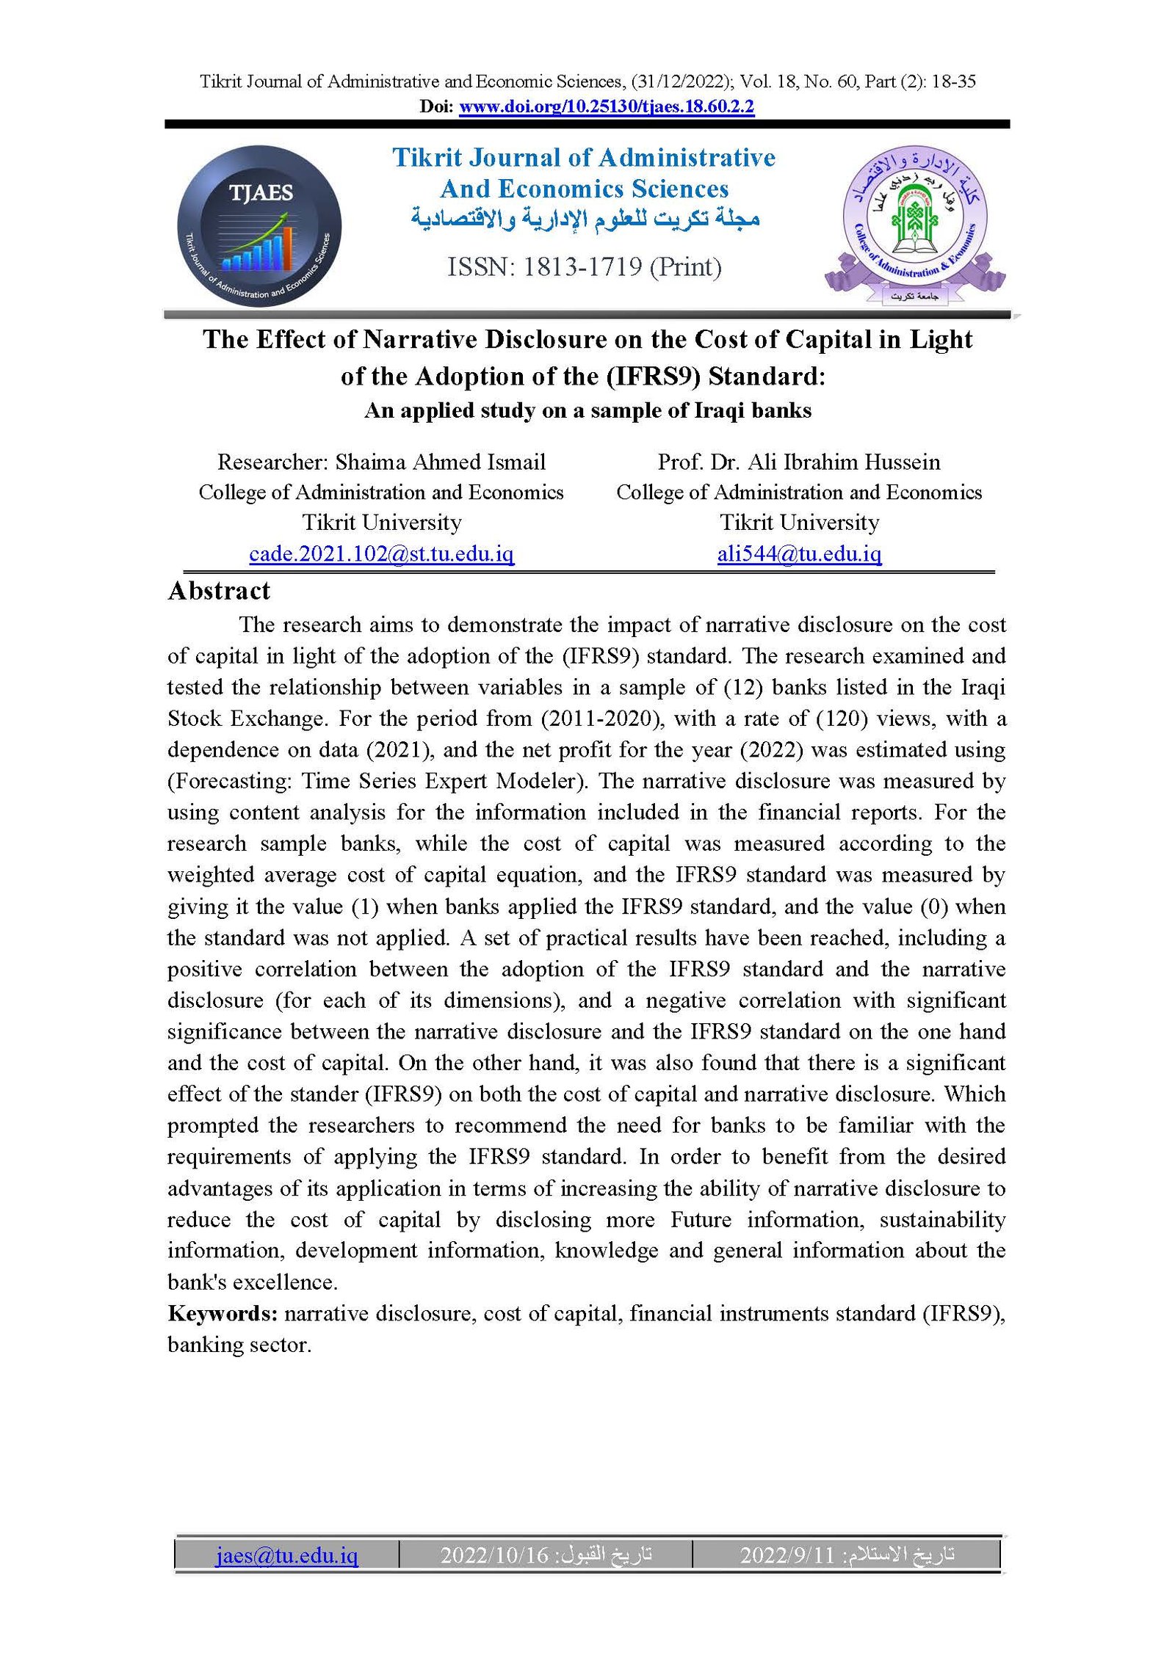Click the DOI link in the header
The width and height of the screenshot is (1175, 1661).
coord(606,107)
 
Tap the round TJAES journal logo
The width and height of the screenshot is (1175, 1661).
coord(259,225)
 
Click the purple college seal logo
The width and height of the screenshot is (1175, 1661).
coord(914,225)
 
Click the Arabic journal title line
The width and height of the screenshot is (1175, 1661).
coord(585,219)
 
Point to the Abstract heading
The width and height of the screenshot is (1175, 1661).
coord(219,591)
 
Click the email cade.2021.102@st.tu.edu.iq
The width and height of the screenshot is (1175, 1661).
coord(381,553)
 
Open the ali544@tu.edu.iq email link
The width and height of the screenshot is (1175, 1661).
coord(799,553)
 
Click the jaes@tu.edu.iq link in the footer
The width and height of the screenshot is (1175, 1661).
coord(286,1555)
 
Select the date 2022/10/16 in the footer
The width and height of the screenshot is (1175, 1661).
coord(494,1555)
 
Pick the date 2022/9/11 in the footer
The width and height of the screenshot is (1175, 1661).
coord(787,1555)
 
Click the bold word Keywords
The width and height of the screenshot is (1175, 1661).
coord(222,1313)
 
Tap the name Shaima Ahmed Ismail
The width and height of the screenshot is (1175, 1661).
coord(440,462)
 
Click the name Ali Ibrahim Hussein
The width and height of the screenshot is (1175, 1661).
coord(844,462)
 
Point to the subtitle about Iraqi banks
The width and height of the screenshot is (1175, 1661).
coord(587,410)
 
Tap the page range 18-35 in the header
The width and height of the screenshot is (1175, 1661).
coord(953,81)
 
